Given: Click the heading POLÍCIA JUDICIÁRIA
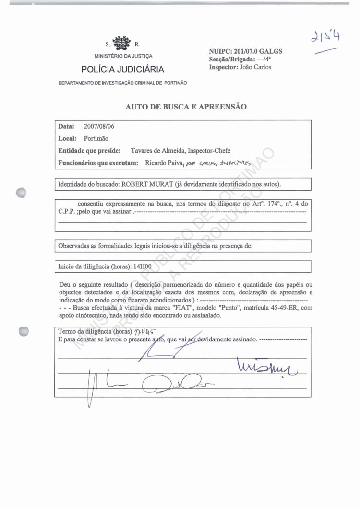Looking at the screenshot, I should pos(122,69).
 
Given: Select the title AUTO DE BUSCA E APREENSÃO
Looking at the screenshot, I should pos(186,107).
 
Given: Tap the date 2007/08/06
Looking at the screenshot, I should pos(99,127).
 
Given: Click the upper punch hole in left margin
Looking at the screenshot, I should pos(21,192).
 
